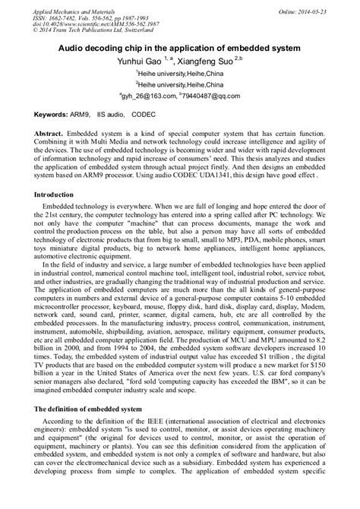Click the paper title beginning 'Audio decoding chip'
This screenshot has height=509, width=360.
(180, 47)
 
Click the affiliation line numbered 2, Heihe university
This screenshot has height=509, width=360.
(180, 86)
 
